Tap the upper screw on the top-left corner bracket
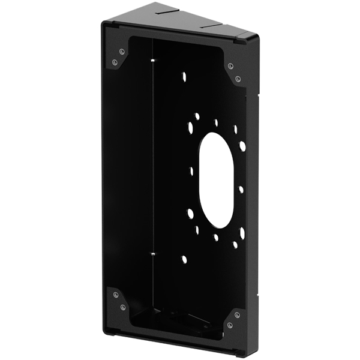click(122, 52)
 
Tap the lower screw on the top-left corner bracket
click(115, 62)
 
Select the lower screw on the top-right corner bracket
click(238, 79)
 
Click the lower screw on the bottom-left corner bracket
click(122, 307)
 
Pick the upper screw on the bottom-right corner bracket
click(238, 313)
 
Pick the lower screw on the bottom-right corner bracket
click(230, 325)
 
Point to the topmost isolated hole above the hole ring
click(184, 77)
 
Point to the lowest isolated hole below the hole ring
click(184, 259)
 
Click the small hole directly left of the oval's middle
click(191, 171)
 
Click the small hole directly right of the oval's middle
click(241, 189)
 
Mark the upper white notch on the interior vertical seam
click(154, 61)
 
